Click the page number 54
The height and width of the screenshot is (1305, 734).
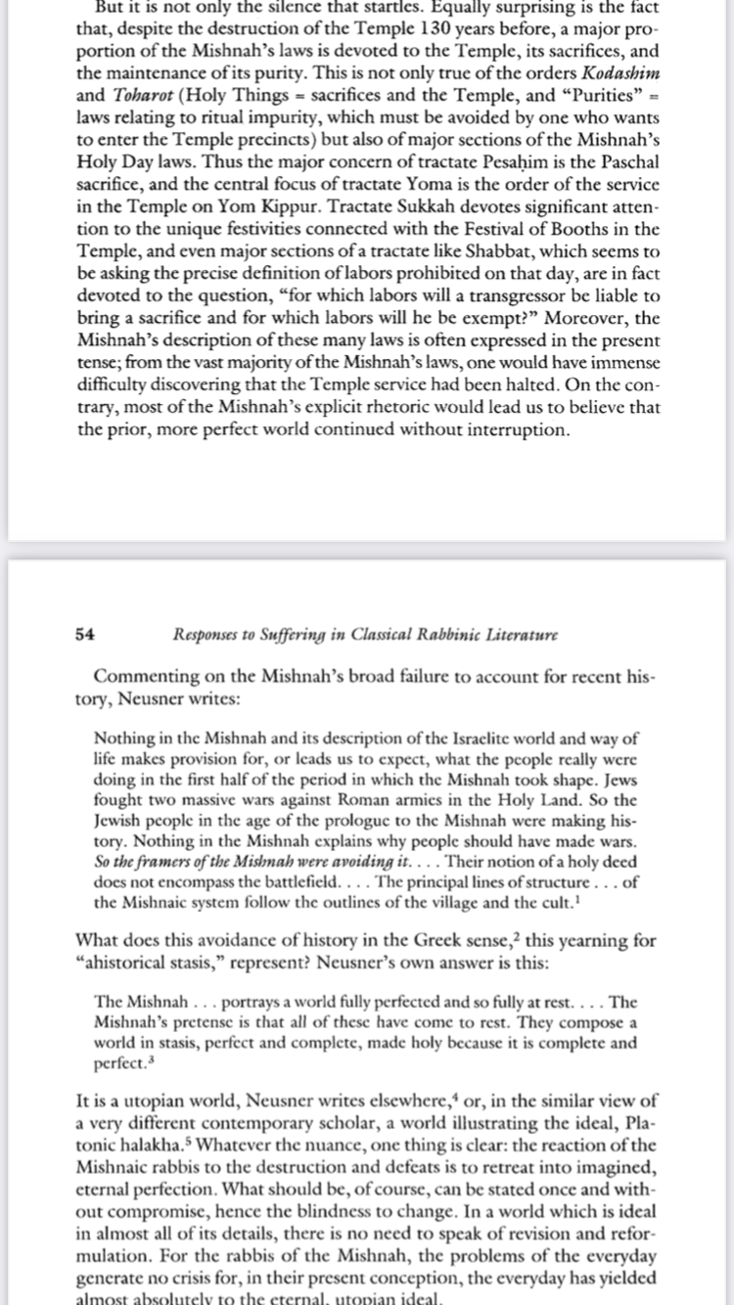click(x=84, y=634)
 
